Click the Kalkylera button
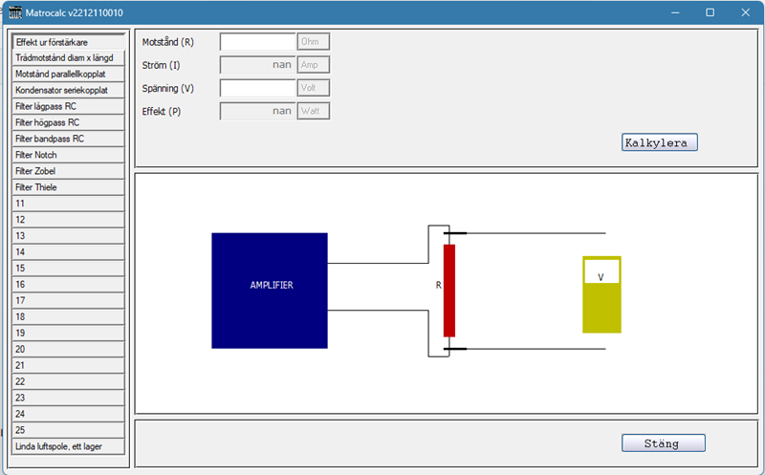click(659, 142)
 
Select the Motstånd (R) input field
click(257, 42)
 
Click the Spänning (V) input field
click(257, 88)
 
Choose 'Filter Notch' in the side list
click(68, 155)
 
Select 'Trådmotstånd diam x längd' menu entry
click(68, 58)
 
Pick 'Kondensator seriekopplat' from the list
click(68, 90)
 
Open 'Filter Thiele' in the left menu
click(68, 187)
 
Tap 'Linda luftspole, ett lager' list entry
click(68, 446)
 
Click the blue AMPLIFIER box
click(270, 291)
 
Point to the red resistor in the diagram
click(449, 291)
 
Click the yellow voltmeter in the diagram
click(601, 294)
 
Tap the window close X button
click(746, 12)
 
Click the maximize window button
click(710, 12)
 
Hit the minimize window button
click(675, 12)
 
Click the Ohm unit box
click(314, 42)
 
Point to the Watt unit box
click(314, 111)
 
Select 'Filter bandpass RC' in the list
click(68, 139)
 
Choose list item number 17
click(68, 301)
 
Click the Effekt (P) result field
click(257, 111)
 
